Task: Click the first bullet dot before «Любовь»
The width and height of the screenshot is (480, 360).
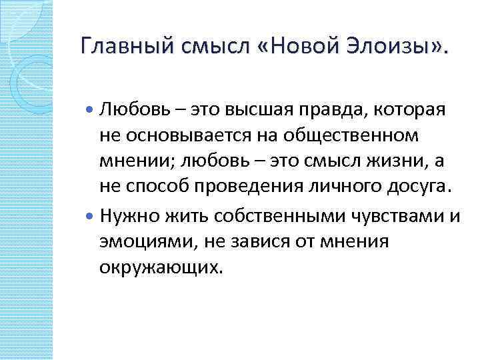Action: (91, 109)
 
